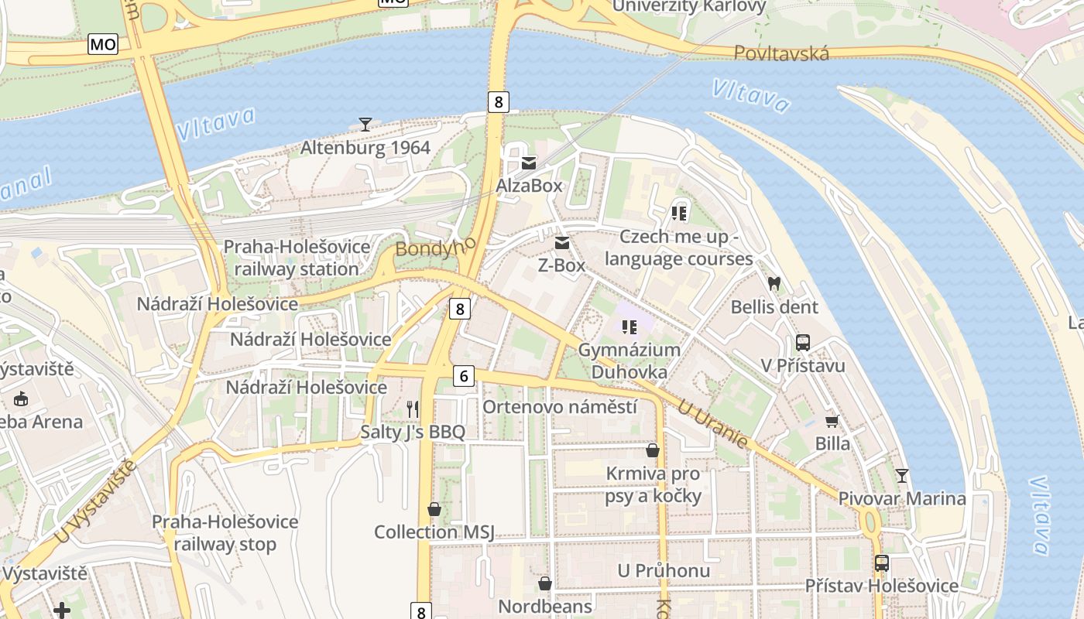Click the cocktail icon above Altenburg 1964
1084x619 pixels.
[x=365, y=124]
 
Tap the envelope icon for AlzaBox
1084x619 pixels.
[x=529, y=163]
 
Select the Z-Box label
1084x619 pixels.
[x=561, y=265]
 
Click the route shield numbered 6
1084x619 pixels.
[x=463, y=376]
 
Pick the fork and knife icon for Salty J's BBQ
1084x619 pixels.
[x=413, y=409]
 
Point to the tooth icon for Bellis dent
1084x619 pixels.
[x=774, y=284]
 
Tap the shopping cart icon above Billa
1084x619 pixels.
[x=832, y=421]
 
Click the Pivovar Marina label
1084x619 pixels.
[x=902, y=499]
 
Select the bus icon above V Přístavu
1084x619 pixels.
[x=803, y=343]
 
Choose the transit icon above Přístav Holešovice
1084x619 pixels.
[x=881, y=563]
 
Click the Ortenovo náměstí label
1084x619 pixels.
[x=560, y=407]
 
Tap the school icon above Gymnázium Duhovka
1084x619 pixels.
[x=629, y=327]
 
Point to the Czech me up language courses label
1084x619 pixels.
[x=679, y=248]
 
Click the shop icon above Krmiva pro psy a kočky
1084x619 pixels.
[x=653, y=450]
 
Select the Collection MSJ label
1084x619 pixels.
[x=434, y=532]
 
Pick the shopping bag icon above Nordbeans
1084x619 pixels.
[x=545, y=583]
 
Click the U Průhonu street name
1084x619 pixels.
[x=664, y=571]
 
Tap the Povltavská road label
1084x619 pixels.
[x=781, y=53]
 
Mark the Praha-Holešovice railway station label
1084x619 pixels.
[x=297, y=258]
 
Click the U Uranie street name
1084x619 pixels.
[x=712, y=423]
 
